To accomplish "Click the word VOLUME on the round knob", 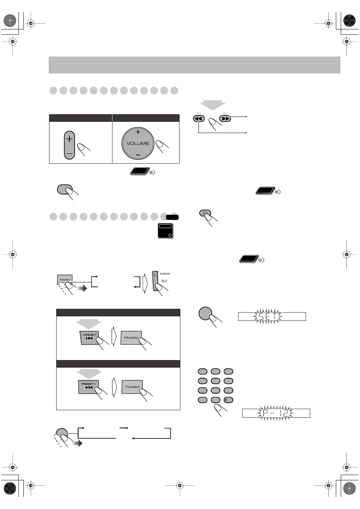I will coord(138,143).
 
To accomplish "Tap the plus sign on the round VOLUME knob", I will coord(138,132).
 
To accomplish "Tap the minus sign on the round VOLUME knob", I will coord(138,155).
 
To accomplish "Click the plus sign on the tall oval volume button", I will coord(69,139).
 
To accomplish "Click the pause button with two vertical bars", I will coord(205,213).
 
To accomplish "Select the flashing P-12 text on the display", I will coord(275,413).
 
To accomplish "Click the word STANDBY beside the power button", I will coord(165,274).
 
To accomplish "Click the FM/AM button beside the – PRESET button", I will coord(131,337).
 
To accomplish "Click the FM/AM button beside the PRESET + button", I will coord(132,386).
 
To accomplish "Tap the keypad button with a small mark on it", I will coord(228,400).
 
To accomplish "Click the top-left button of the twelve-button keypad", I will coord(203,371).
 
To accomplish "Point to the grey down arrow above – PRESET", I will coord(89,323).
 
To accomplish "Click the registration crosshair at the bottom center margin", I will coord(180,486).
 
